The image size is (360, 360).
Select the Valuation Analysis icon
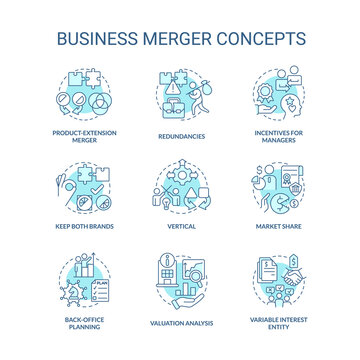(x=180, y=281)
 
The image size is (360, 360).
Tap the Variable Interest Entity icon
(x=273, y=281)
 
